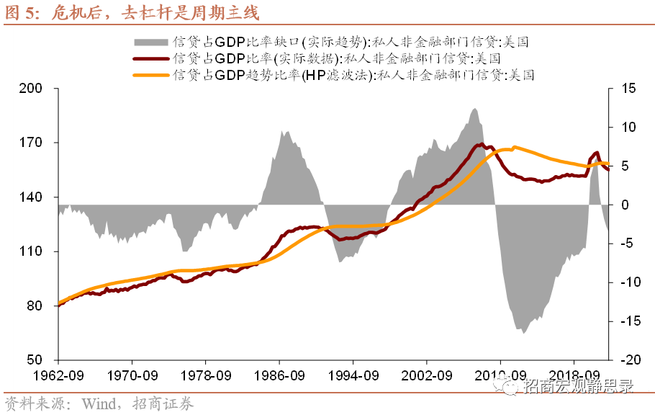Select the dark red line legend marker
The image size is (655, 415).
click(151, 58)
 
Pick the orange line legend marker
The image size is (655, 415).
click(151, 73)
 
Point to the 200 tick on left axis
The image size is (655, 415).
click(33, 89)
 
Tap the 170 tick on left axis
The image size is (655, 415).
click(33, 143)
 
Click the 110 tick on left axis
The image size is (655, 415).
click(33, 251)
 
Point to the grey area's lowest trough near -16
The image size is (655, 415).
click(523, 332)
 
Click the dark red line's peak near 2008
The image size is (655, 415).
click(481, 145)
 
